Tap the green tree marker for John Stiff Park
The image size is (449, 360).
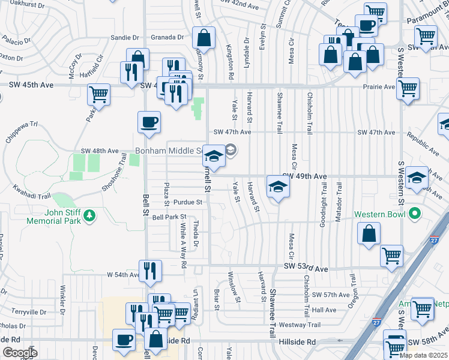click(x=89, y=215)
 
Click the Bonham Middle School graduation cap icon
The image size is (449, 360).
click(x=214, y=157)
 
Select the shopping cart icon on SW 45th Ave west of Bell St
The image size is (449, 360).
click(x=98, y=95)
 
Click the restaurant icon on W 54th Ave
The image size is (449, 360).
click(x=149, y=271)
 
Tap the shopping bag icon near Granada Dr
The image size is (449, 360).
click(x=204, y=38)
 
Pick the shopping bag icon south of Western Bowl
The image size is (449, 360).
click(x=370, y=234)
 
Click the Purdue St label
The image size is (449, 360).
click(x=187, y=202)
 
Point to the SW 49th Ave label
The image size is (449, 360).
click(x=304, y=176)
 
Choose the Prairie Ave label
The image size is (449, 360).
click(x=378, y=86)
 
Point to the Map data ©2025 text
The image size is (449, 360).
click(x=423, y=355)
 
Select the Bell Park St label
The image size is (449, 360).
click(x=169, y=217)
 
